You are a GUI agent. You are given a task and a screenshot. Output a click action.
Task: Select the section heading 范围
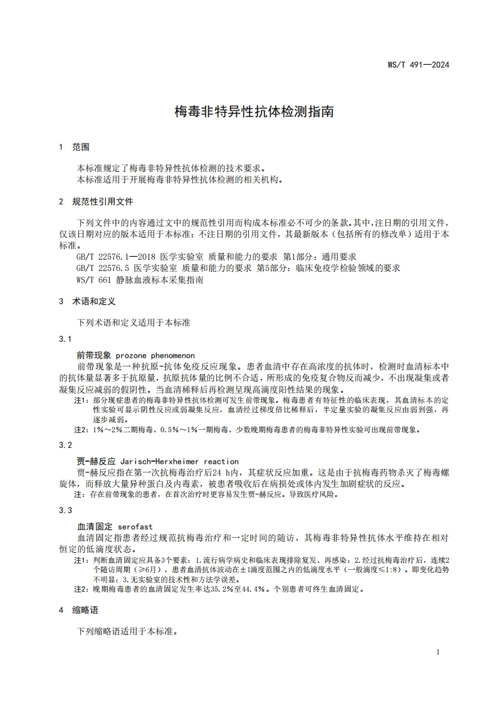coord(81,147)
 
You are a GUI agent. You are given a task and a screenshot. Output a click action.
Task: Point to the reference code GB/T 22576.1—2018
coord(117,257)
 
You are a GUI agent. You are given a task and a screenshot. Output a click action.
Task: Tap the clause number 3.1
coord(66,339)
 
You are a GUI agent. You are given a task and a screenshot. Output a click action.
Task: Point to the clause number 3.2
coord(66,445)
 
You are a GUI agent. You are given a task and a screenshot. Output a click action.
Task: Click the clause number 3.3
coord(66,511)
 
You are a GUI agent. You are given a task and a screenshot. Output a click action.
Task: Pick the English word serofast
coord(135,526)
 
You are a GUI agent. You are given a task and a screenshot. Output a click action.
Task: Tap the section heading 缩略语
coord(85,610)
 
